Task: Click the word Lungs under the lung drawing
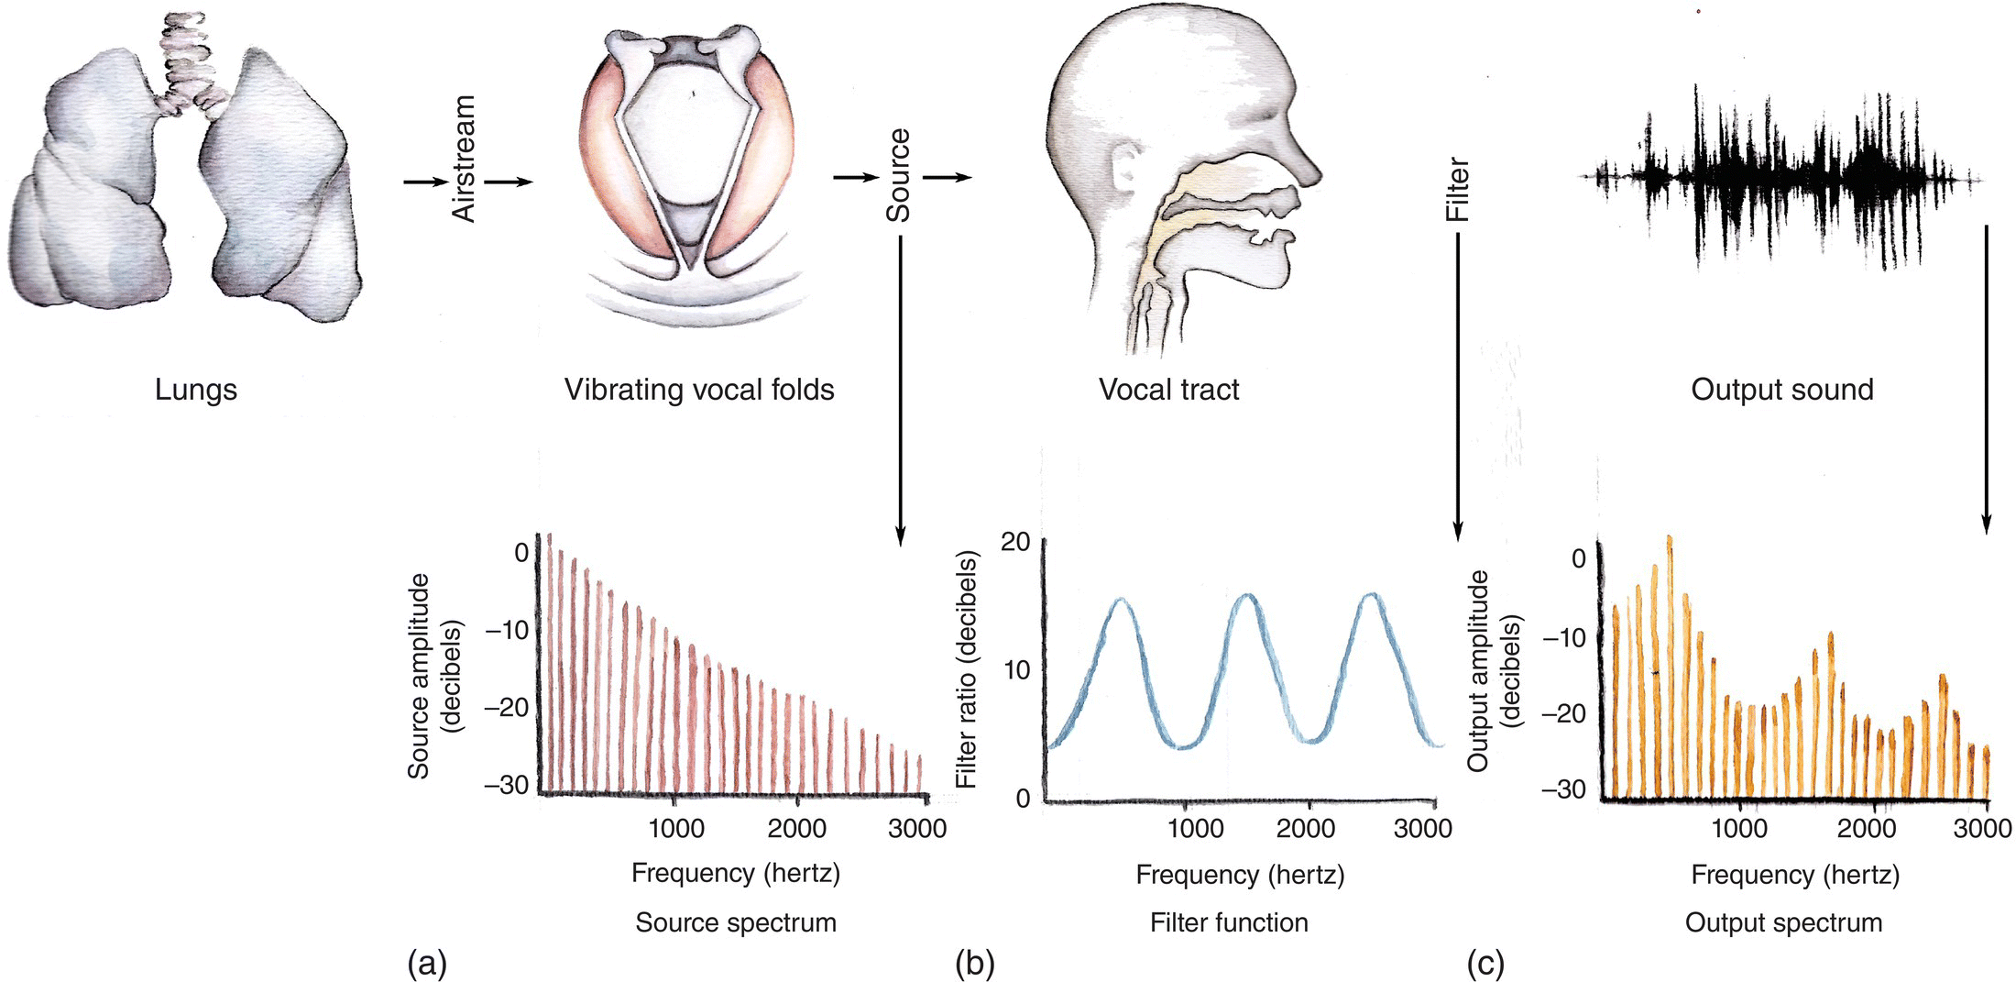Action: (x=195, y=390)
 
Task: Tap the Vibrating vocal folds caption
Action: (x=699, y=390)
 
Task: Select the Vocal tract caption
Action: (x=1168, y=390)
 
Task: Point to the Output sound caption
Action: (x=1781, y=390)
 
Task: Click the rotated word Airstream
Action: (x=465, y=159)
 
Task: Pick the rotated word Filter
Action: (x=1457, y=190)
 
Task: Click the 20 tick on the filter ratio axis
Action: (x=1015, y=542)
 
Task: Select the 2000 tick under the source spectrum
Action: (x=796, y=829)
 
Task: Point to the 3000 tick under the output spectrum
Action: (x=1982, y=829)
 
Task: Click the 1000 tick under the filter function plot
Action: (x=1194, y=829)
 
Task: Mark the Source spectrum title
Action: (x=736, y=922)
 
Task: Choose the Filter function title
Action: (x=1229, y=922)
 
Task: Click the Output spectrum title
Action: (x=1783, y=922)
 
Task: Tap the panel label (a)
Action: (x=426, y=964)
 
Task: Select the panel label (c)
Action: (x=1485, y=964)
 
